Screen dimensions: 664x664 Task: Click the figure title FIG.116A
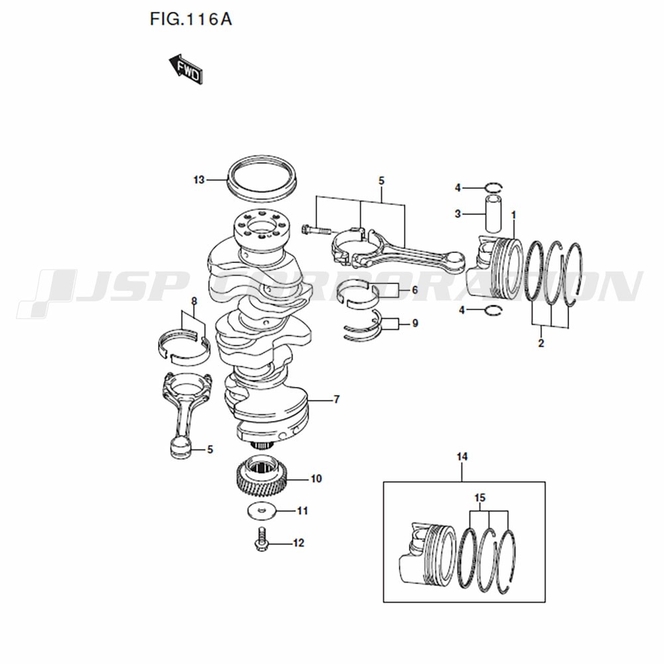point(191,19)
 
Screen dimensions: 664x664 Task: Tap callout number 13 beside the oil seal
point(199,180)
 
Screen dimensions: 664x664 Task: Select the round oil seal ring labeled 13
point(262,179)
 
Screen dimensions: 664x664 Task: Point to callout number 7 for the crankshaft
point(337,399)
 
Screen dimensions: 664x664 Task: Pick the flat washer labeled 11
point(262,510)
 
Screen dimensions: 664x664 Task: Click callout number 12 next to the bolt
point(299,543)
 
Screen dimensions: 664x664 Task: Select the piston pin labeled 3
point(493,213)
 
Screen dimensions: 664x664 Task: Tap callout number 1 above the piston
point(514,216)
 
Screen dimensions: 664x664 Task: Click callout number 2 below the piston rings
point(541,343)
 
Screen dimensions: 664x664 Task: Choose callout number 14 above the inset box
point(462,457)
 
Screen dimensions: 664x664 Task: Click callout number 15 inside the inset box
point(480,498)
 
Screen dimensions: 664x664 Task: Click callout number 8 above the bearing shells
point(194,301)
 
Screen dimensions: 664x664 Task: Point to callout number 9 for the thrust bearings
point(415,323)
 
